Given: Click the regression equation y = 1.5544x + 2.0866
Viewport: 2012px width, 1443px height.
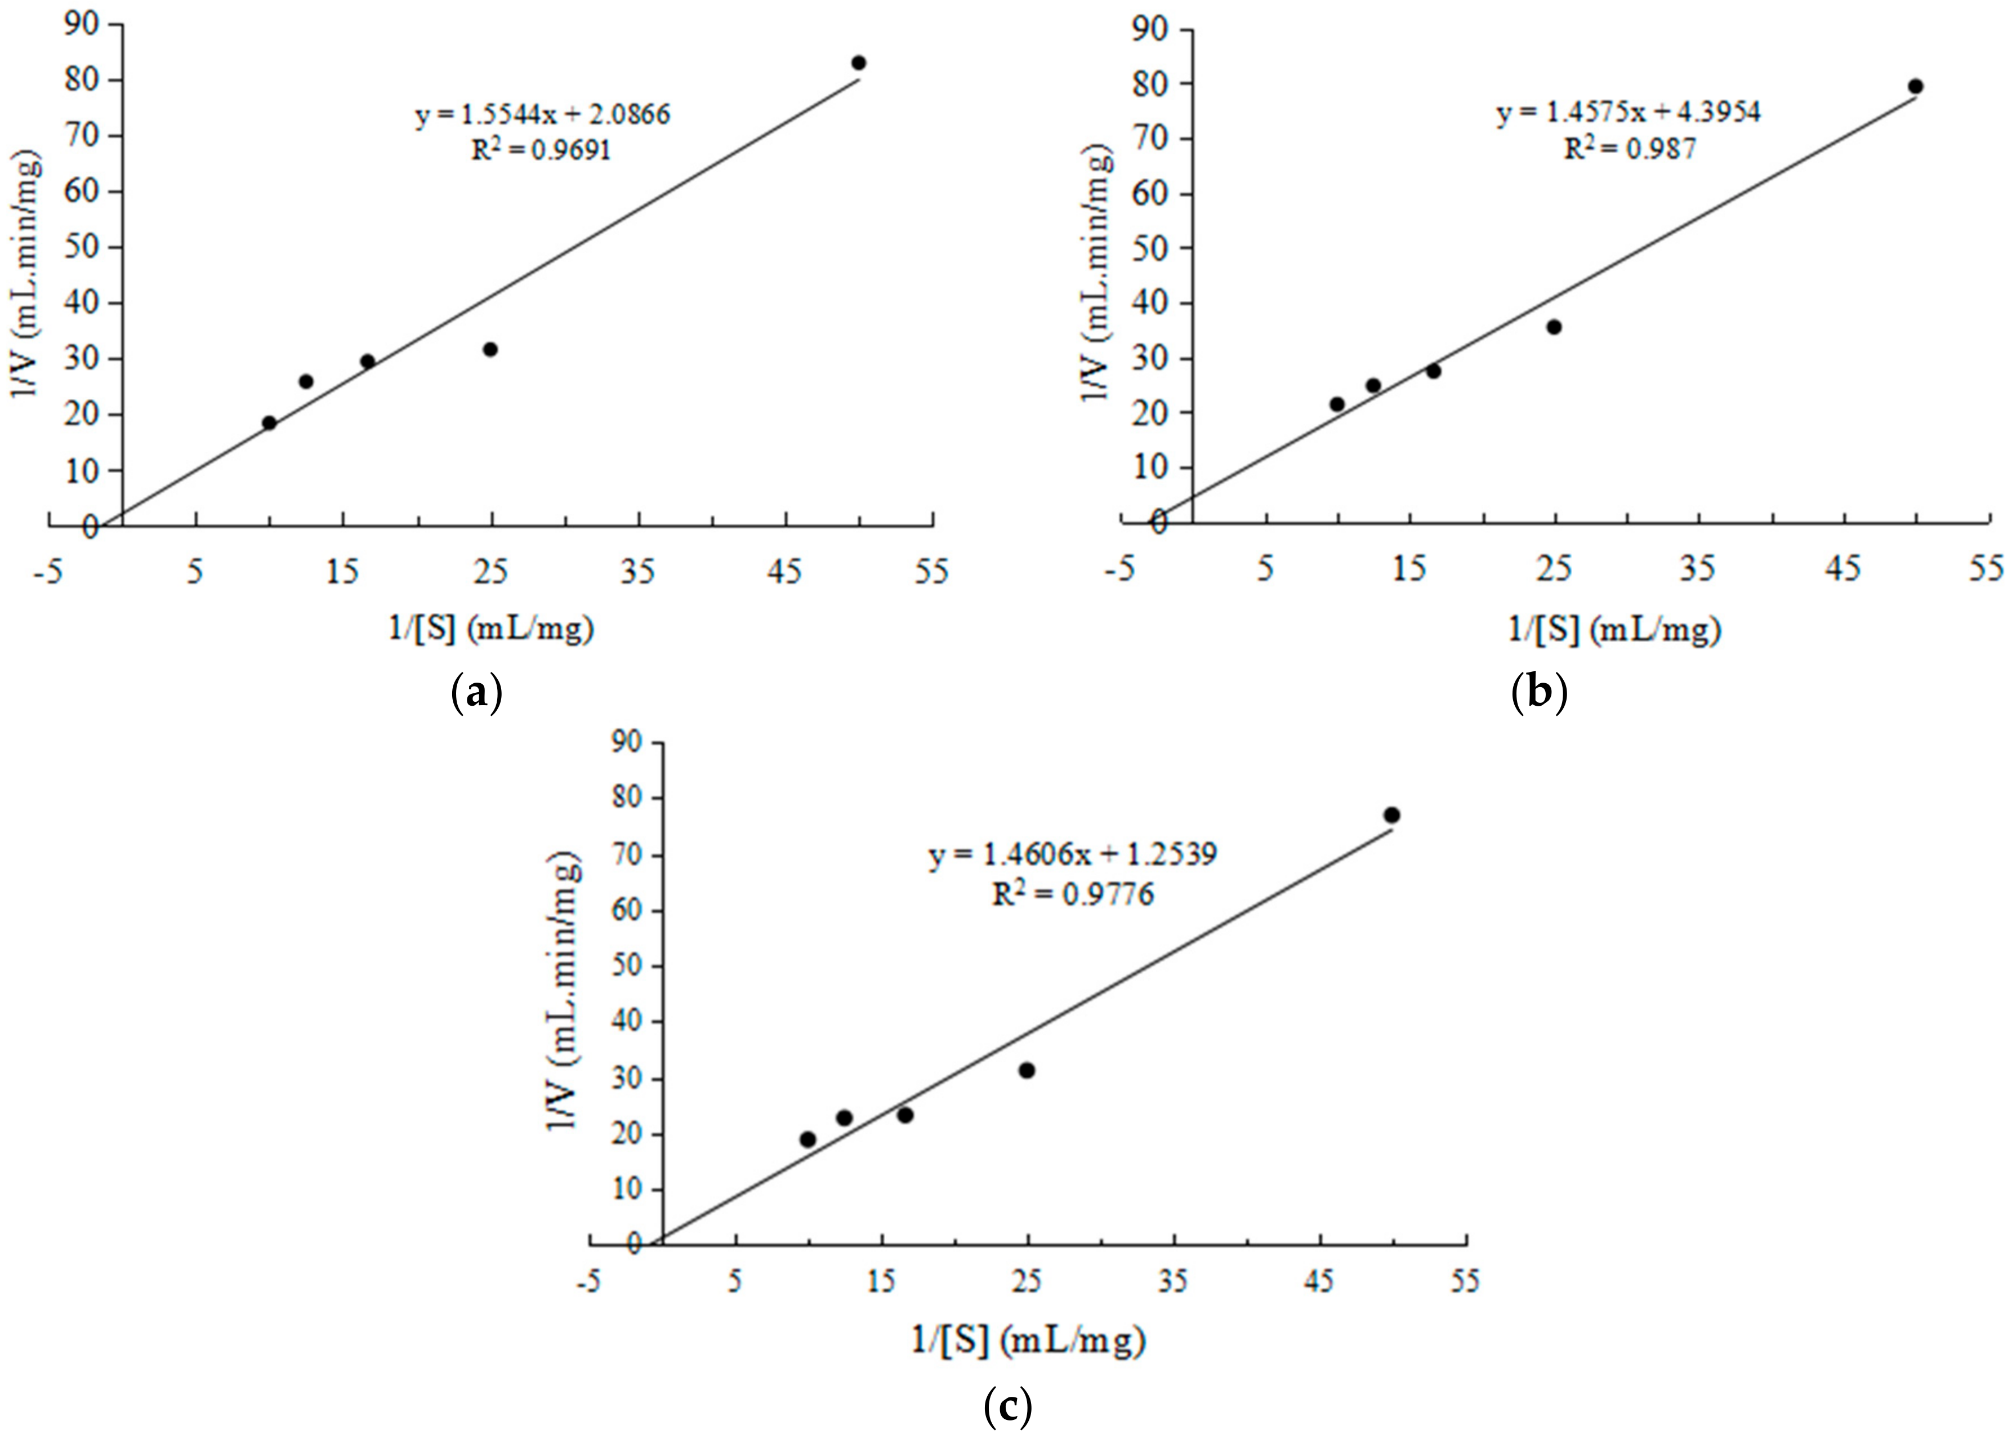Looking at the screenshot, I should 543,115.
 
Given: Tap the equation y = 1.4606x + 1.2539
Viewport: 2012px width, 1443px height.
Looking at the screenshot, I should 1073,854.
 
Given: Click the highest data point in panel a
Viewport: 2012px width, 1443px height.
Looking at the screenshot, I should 858,63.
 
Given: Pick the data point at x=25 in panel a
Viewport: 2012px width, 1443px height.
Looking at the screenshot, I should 490,350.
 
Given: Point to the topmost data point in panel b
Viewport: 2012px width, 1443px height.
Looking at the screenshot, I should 1915,86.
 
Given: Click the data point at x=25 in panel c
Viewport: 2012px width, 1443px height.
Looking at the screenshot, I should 1027,1070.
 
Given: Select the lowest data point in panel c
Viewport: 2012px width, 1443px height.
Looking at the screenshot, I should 808,1139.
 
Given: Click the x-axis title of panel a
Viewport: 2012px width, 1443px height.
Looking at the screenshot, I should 490,629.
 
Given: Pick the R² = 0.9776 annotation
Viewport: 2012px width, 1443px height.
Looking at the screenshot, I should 1073,894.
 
